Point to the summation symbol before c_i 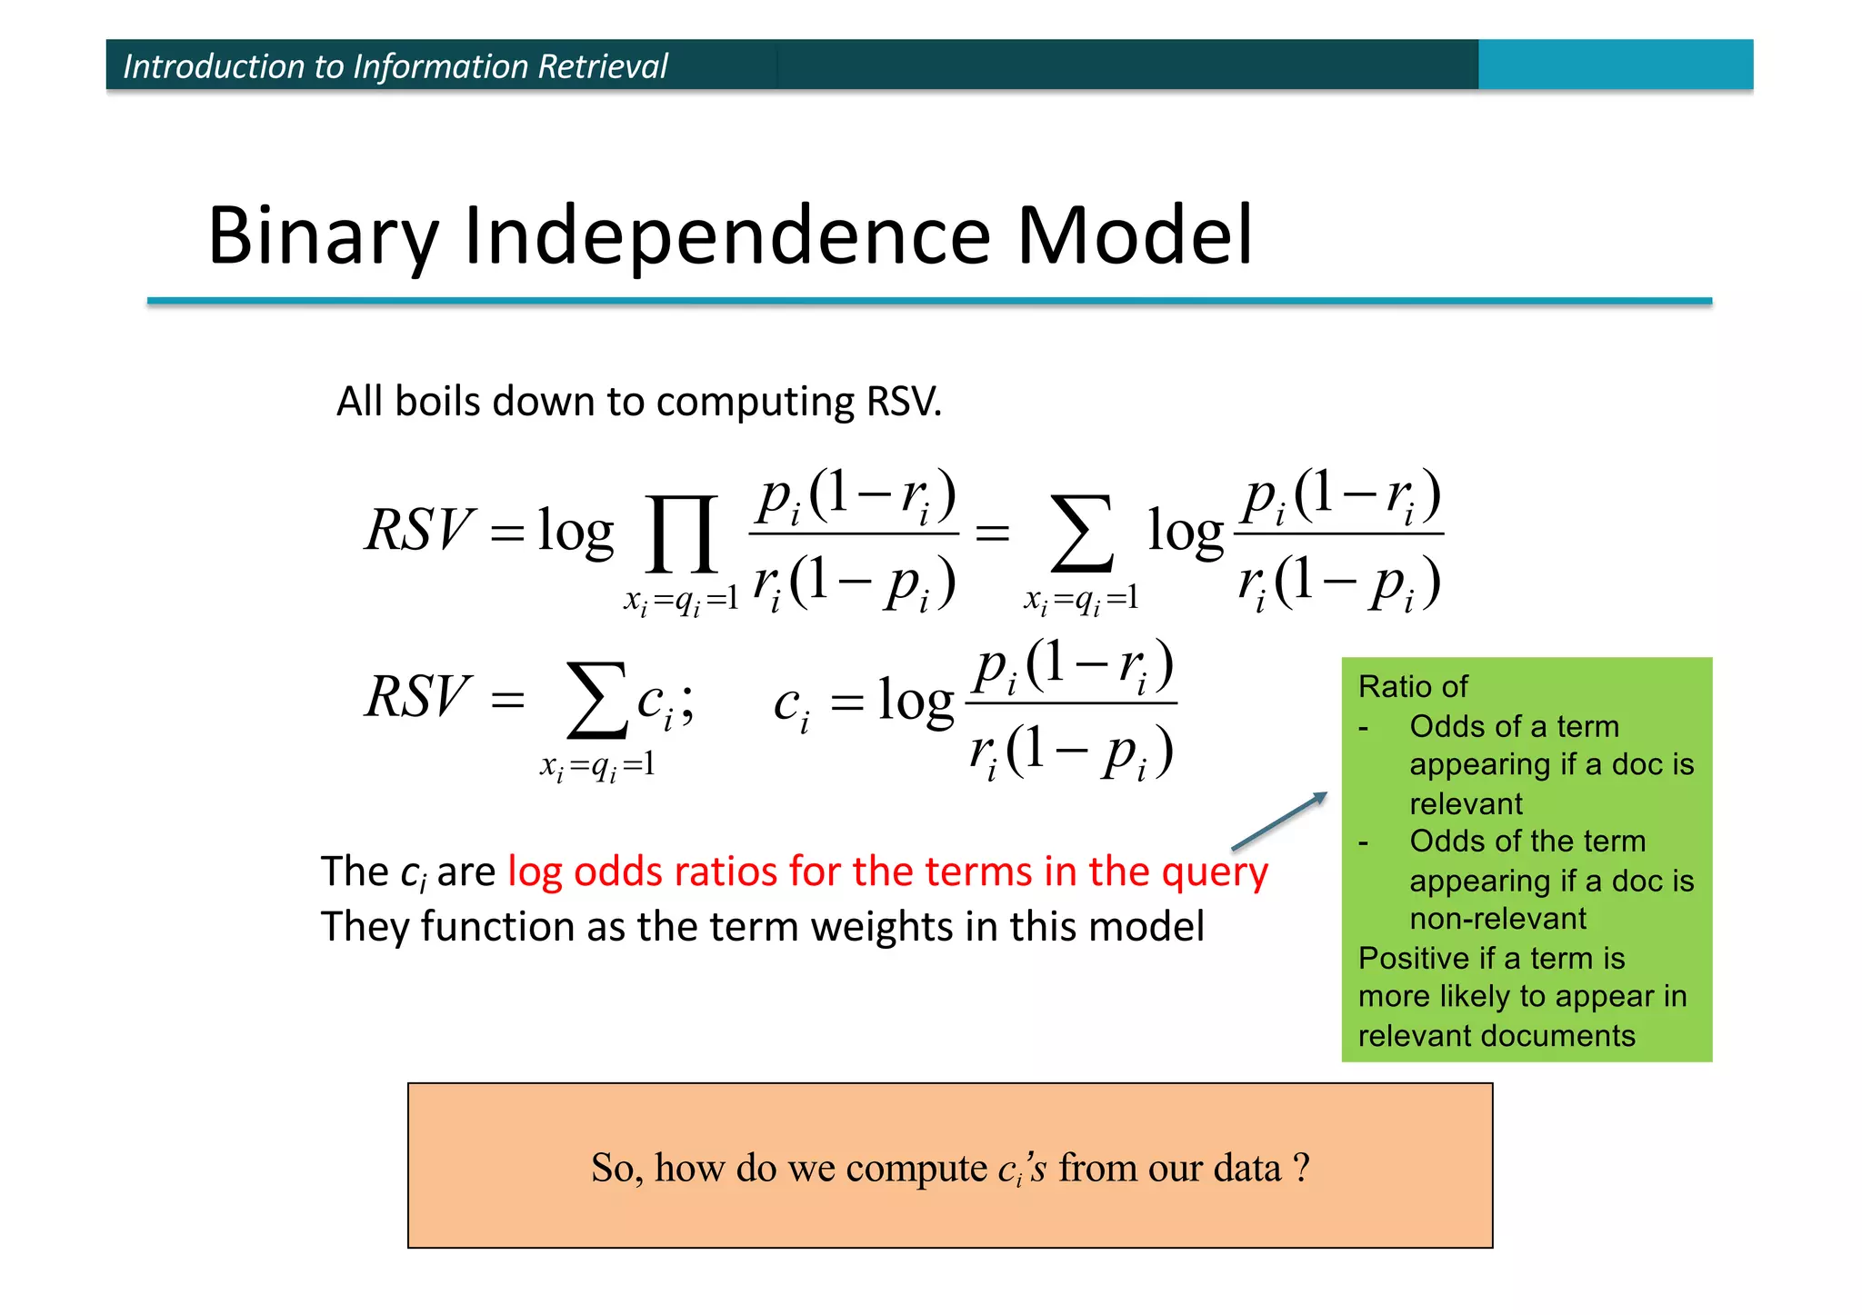click(x=596, y=701)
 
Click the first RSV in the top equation click(x=419, y=530)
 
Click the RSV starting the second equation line click(x=419, y=697)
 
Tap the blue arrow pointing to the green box click(x=1279, y=822)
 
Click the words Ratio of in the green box click(x=1412, y=687)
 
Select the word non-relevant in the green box click(x=1497, y=919)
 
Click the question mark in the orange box click(x=1301, y=1166)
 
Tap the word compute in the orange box click(x=916, y=1168)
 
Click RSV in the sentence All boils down click(x=904, y=402)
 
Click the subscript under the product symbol click(x=680, y=600)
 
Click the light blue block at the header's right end click(x=1615, y=65)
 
